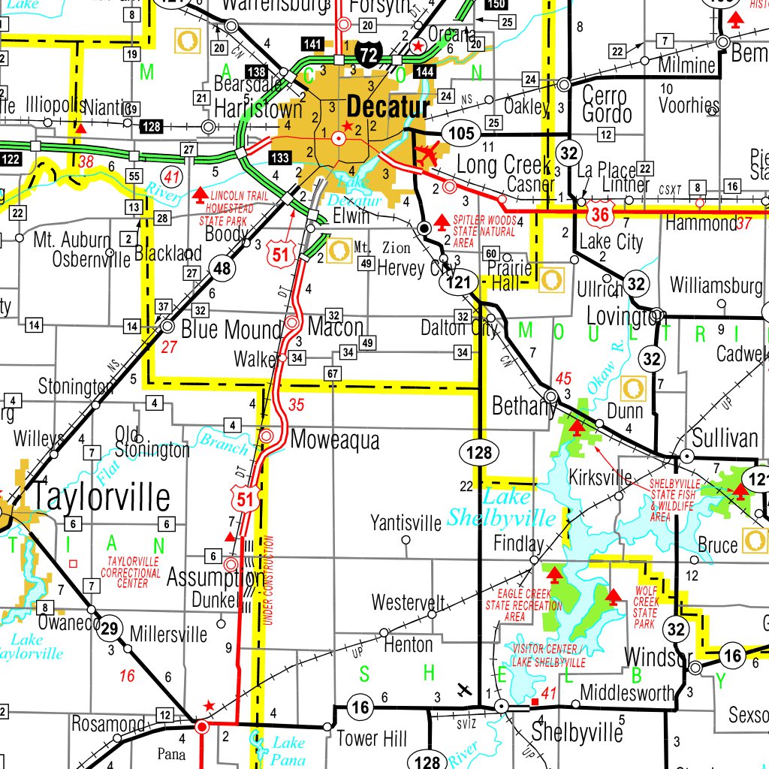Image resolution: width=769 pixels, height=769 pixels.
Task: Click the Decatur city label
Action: tap(388, 107)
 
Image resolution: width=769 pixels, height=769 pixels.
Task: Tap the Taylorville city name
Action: tap(99, 497)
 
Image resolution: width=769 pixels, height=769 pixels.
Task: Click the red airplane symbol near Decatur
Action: tap(427, 155)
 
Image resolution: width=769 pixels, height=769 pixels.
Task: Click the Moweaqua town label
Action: tap(334, 439)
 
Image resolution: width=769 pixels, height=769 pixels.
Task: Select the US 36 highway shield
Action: tap(599, 214)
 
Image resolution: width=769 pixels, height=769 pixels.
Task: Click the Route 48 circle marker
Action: tap(222, 268)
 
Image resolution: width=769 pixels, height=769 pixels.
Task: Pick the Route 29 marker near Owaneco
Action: tap(110, 629)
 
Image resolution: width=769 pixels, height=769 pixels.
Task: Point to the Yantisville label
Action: tap(406, 522)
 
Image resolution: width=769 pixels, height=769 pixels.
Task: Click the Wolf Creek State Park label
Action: tap(646, 608)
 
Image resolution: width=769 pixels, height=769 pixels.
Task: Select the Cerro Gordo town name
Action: tap(607, 105)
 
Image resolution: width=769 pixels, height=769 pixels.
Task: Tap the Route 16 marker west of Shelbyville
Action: tap(360, 706)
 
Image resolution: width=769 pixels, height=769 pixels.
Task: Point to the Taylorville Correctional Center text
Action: tap(134, 572)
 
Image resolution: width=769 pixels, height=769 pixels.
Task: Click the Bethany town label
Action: tap(523, 406)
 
